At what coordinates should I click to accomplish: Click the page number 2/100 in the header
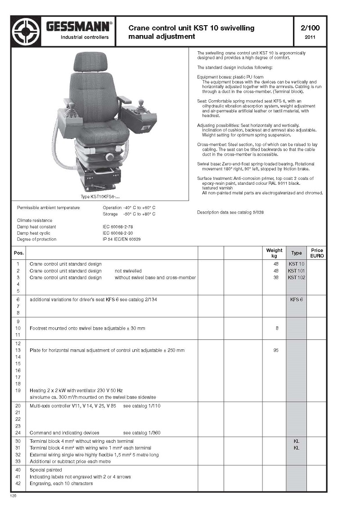[310, 28]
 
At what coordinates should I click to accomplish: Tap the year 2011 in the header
[310, 37]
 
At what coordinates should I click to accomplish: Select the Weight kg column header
[274, 253]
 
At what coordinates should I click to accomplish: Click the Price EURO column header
[317, 253]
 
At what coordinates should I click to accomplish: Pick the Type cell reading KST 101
[297, 271]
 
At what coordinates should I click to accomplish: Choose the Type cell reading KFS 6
[297, 299]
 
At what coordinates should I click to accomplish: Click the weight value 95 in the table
[276, 350]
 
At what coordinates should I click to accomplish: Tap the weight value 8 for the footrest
[277, 328]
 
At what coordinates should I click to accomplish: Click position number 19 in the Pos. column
[18, 391]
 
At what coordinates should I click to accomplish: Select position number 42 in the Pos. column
[18, 484]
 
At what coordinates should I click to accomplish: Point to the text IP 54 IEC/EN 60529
[121, 240]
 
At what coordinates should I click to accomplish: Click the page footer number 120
[13, 495]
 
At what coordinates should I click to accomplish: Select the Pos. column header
[18, 253]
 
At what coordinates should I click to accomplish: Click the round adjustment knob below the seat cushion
[109, 156]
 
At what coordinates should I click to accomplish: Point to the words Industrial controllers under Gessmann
[85, 37]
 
